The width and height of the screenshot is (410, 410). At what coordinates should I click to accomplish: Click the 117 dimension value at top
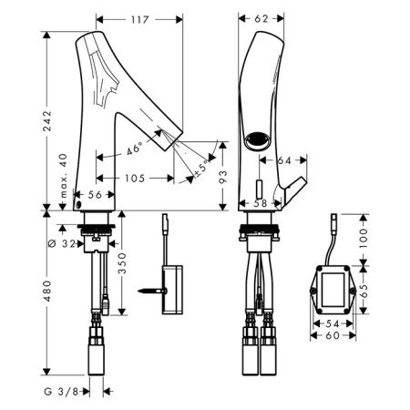[x=140, y=20]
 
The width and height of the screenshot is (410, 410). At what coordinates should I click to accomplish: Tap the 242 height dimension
[x=47, y=121]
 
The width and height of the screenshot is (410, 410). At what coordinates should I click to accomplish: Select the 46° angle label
[x=134, y=149]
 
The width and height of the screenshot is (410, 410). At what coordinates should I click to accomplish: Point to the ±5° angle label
[x=202, y=169]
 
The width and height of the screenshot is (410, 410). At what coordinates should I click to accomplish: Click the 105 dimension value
[x=135, y=179]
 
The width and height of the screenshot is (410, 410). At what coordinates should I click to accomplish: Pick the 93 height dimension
[x=222, y=177]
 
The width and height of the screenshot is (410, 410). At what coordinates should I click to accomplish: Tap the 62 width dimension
[x=261, y=19]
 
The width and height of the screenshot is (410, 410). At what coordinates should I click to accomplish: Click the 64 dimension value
[x=284, y=160]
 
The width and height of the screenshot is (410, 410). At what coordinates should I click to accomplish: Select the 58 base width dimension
[x=261, y=203]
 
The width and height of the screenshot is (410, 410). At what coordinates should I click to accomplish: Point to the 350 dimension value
[x=122, y=263]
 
